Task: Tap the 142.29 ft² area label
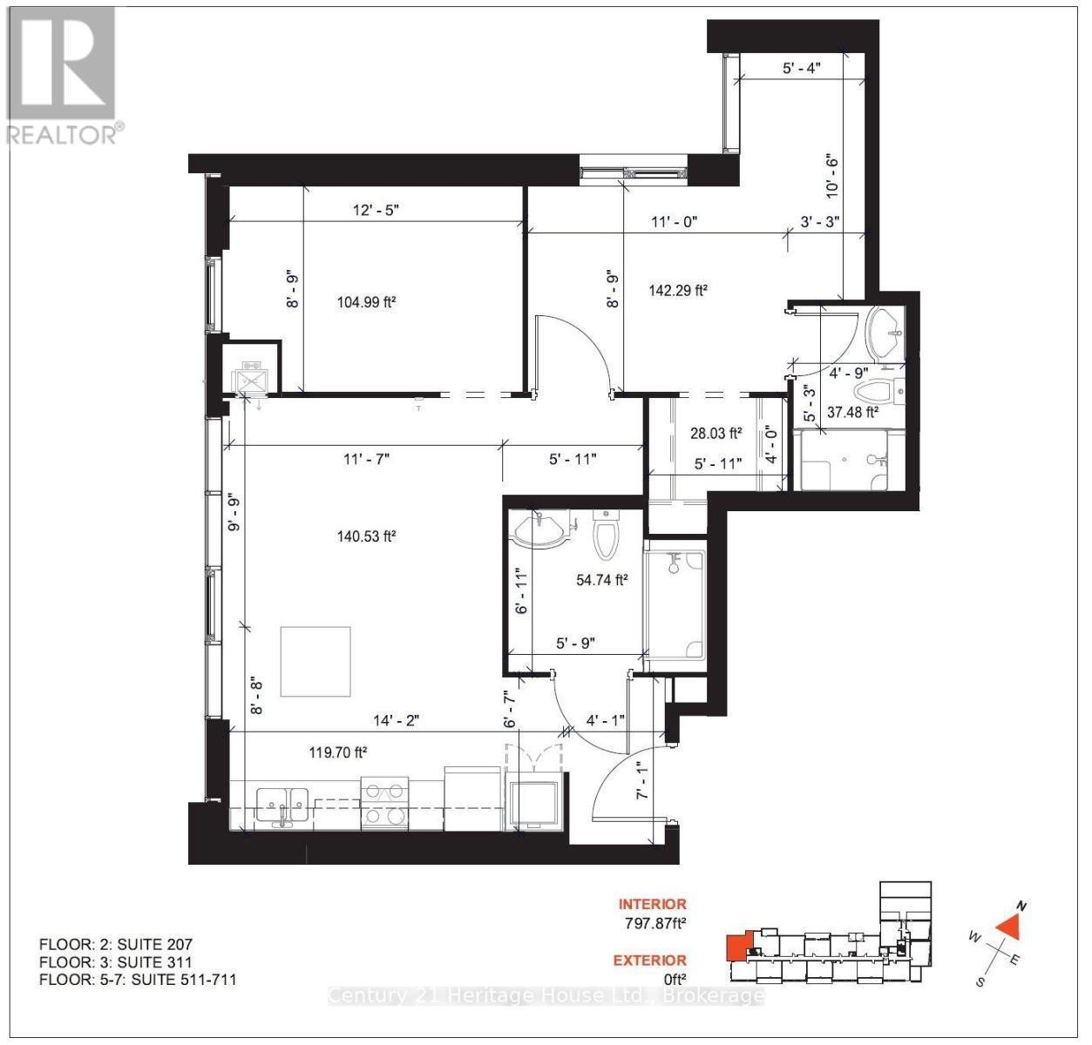678,290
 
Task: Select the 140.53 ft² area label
366,536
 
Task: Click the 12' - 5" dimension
375,210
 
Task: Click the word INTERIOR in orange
652,905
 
